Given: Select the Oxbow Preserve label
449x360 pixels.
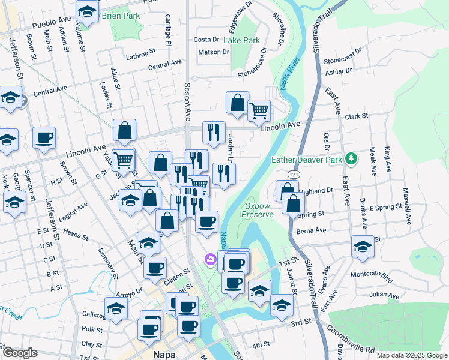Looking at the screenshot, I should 258,210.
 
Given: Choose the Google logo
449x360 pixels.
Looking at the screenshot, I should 20,353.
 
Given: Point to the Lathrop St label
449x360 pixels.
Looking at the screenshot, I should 140,58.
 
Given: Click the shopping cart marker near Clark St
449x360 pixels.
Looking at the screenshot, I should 259,110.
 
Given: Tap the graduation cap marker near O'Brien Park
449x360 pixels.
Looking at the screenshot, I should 88,11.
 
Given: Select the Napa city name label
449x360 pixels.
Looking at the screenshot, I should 163,354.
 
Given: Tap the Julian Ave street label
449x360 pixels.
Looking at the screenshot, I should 385,294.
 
